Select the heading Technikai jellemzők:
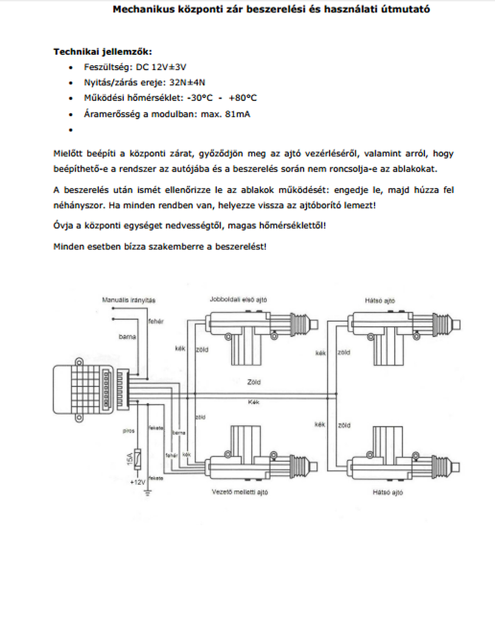103,52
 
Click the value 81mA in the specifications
238,114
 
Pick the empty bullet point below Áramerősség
72,130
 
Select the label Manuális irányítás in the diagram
130,300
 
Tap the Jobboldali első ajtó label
239,299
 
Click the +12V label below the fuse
137,482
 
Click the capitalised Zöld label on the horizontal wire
254,383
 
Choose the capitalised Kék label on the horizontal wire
254,402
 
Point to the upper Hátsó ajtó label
380,300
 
